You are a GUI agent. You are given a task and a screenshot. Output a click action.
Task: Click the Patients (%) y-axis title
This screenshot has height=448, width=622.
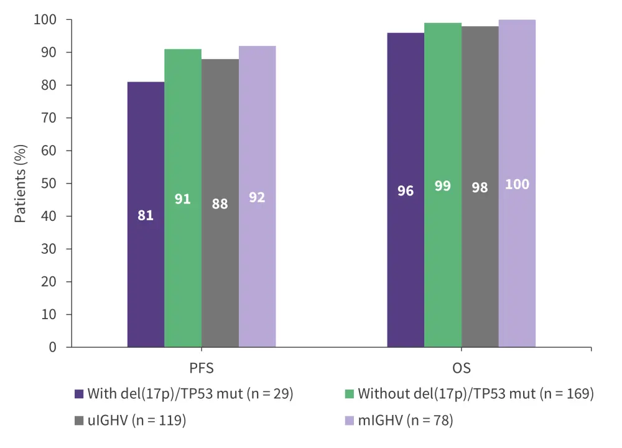click(x=21, y=184)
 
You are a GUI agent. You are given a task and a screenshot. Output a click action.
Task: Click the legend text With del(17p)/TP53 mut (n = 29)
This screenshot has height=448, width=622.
click(x=190, y=393)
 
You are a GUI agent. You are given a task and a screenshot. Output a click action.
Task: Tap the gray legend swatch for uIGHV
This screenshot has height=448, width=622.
click(x=79, y=421)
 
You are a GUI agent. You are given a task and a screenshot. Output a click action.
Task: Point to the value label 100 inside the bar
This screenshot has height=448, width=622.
click(x=518, y=185)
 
